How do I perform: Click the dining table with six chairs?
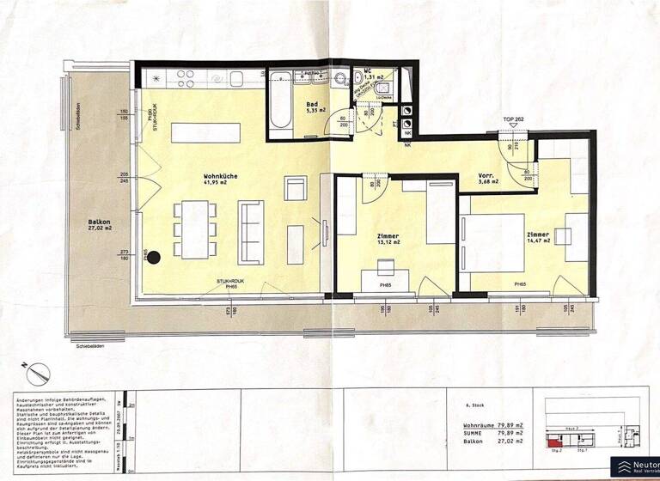point(195,229)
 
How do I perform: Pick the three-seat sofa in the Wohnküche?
point(251,231)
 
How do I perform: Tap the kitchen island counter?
point(205,132)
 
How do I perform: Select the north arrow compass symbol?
point(39,374)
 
